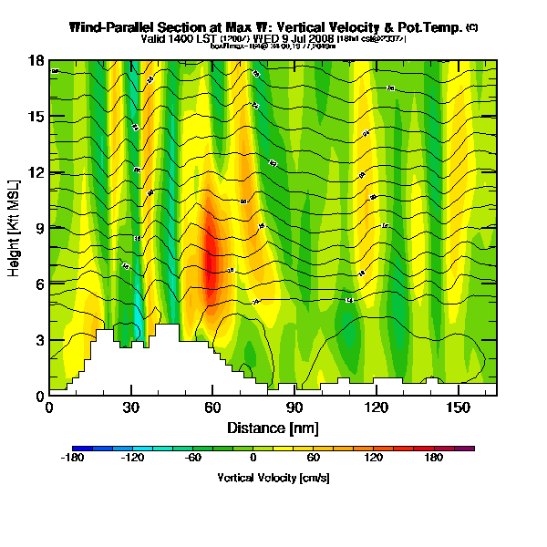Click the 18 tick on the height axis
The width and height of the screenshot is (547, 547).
click(x=36, y=61)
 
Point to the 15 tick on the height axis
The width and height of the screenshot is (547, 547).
click(x=36, y=117)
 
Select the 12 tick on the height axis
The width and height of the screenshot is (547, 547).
click(x=36, y=172)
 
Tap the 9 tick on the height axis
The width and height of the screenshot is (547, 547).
click(x=38, y=228)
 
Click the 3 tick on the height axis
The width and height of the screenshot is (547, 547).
click(x=38, y=340)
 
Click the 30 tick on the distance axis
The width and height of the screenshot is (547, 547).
click(x=132, y=408)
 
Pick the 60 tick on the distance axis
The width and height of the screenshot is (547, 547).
click(x=213, y=408)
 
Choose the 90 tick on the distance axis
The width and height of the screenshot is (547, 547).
click(x=294, y=408)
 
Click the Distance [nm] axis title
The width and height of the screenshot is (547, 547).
click(x=272, y=427)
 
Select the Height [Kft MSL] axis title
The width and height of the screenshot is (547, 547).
click(x=15, y=227)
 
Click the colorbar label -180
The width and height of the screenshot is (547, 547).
click(x=72, y=459)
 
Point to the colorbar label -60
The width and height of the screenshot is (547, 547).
click(x=193, y=459)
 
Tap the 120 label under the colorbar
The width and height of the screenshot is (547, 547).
click(x=374, y=459)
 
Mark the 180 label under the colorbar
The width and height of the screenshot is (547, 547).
click(x=434, y=459)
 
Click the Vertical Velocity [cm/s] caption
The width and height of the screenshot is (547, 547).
click(x=273, y=477)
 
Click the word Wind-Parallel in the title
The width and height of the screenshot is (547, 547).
click(x=114, y=27)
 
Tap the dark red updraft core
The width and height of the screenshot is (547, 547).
click(x=211, y=260)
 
